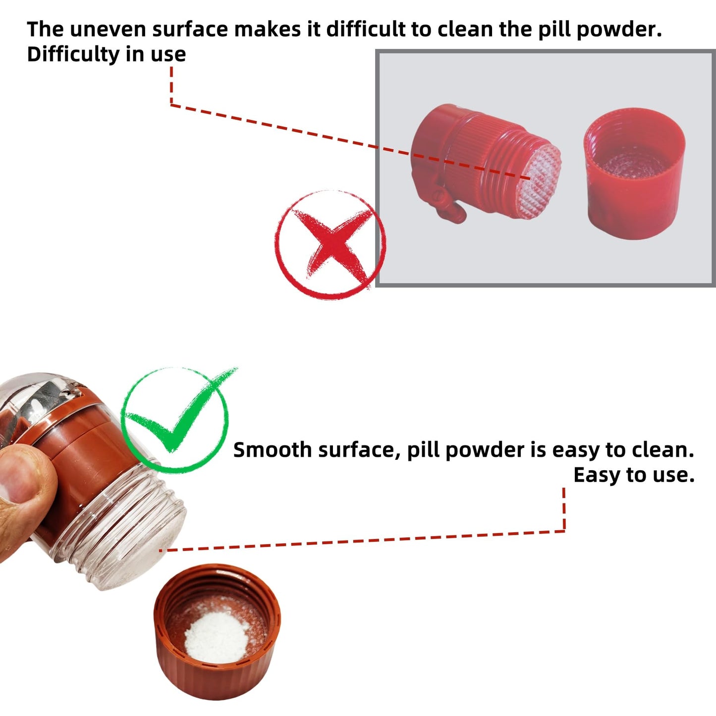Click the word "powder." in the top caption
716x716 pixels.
619,30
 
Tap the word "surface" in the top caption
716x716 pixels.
190,30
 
